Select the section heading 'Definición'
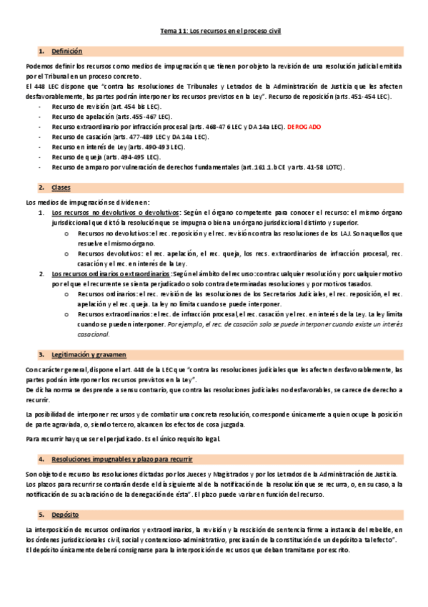[x=67, y=52]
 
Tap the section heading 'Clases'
[x=61, y=187]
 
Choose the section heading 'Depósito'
[x=65, y=515]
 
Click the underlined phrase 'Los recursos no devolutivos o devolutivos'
[x=116, y=213]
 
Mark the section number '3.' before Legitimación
[x=42, y=354]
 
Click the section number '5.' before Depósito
[x=42, y=515]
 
